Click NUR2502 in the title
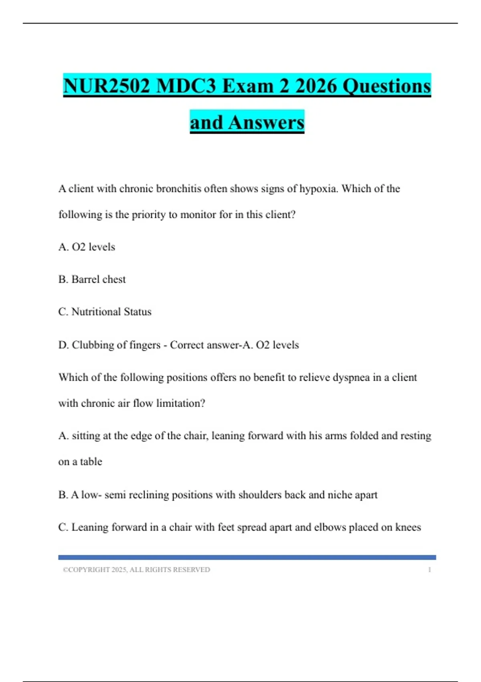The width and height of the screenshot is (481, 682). [106, 86]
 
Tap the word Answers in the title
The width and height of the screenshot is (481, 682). [266, 122]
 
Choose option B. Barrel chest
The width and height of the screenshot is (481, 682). [92, 279]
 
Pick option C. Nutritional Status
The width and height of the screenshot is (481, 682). [105, 312]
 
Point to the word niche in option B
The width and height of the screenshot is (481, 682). [340, 495]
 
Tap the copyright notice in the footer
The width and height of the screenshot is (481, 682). [136, 570]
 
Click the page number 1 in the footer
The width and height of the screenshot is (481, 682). [429, 570]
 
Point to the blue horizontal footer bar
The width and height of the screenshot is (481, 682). [247, 557]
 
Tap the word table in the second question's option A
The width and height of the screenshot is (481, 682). [91, 462]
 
